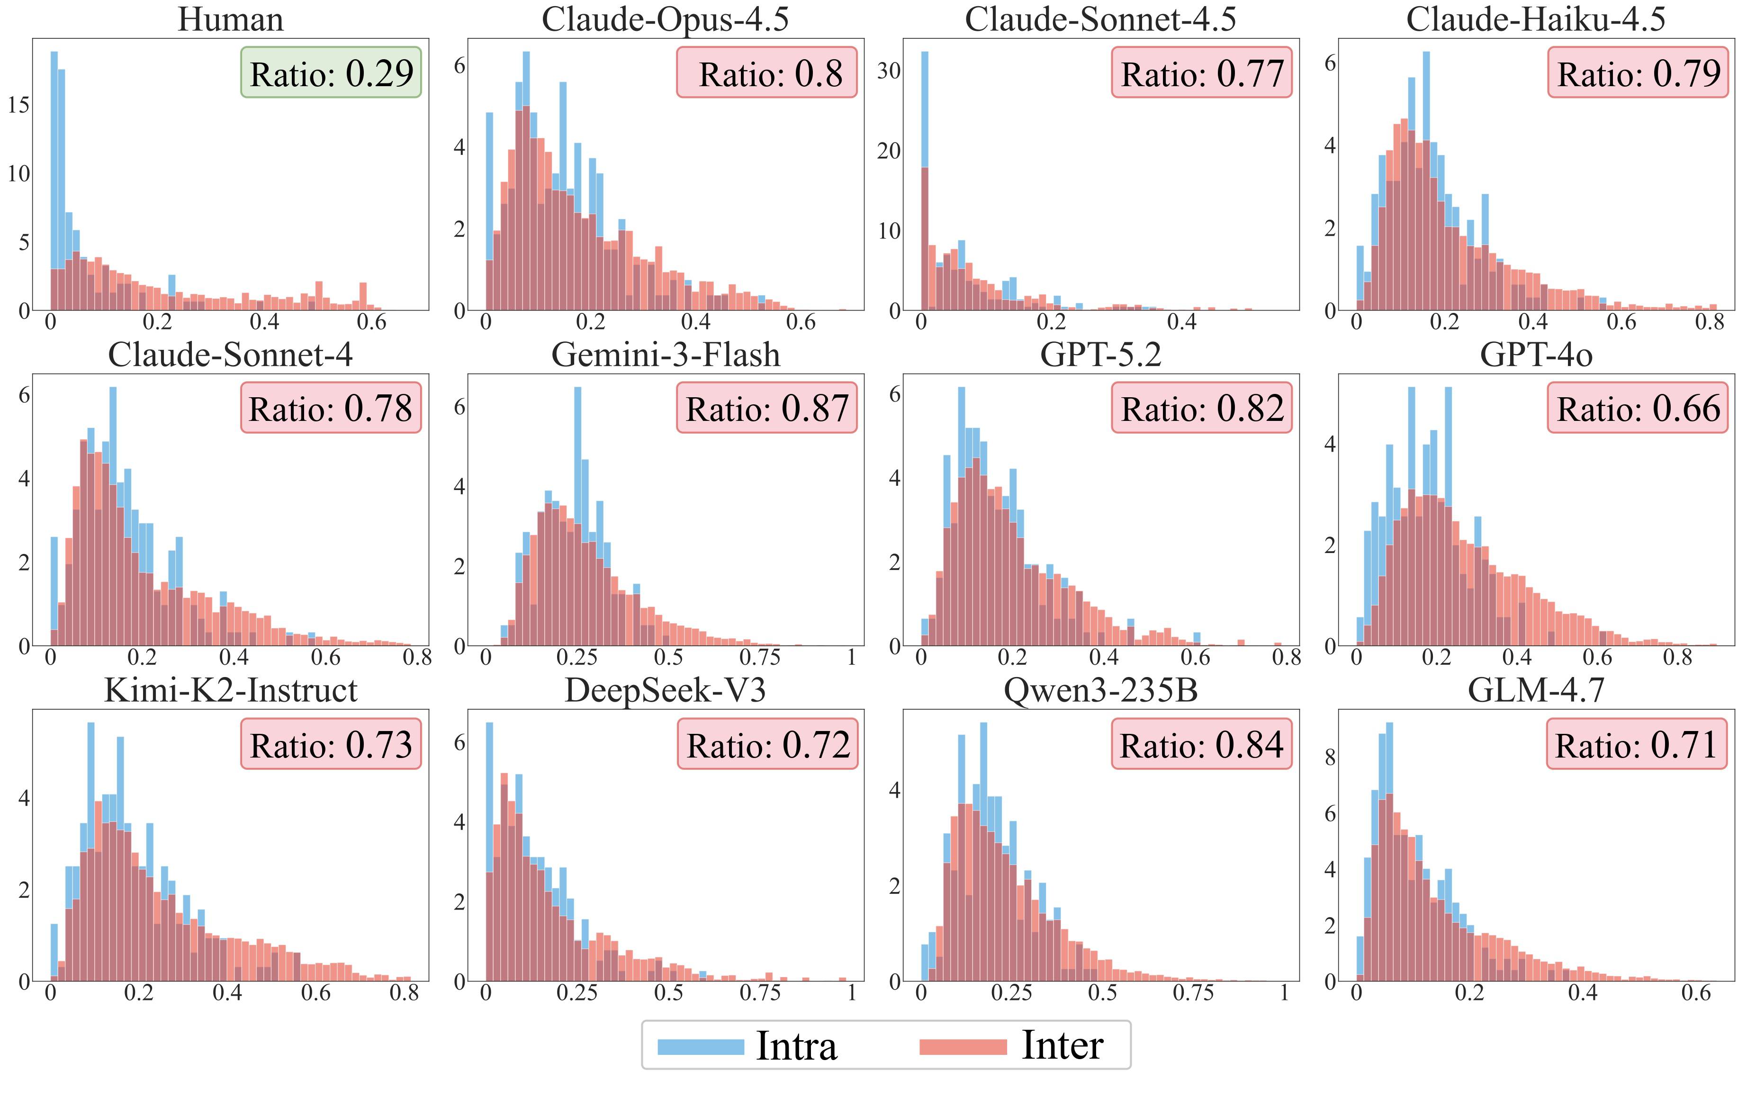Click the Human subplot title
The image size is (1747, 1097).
[x=231, y=19]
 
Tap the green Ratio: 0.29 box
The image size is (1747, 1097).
[x=331, y=72]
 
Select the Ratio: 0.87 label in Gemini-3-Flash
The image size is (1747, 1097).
[x=767, y=408]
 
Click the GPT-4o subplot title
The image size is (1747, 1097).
[x=1536, y=355]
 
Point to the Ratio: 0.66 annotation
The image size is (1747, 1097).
[x=1638, y=408]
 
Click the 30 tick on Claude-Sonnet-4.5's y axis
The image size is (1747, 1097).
[x=889, y=71]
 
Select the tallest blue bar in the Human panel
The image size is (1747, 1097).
[x=54, y=181]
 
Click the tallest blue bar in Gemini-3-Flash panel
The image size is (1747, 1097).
[x=577, y=515]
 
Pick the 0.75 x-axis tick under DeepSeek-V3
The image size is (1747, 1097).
[x=760, y=992]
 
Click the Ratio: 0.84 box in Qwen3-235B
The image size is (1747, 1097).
[x=1201, y=744]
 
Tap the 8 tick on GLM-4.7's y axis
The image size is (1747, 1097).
[x=1330, y=758]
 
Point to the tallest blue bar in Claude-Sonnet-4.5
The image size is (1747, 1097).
[x=924, y=181]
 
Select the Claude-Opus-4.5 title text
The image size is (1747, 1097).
[x=665, y=19]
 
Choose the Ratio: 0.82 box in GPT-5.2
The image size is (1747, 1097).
[x=1201, y=408]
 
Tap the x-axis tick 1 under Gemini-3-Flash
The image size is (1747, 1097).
[x=851, y=657]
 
